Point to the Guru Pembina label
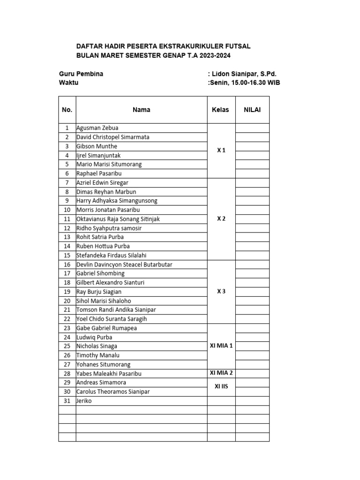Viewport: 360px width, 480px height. click(x=81, y=74)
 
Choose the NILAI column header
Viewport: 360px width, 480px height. click(x=252, y=110)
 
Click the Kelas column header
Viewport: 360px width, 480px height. click(x=220, y=110)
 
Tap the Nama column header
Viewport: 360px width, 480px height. click(x=141, y=110)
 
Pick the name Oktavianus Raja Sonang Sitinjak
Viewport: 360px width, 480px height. click(x=121, y=219)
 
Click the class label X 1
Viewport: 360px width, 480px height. click(x=221, y=150)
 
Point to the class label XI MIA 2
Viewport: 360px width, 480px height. click(x=221, y=373)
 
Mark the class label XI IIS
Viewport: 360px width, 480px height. click(x=221, y=387)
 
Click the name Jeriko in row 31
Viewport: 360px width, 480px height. click(x=84, y=401)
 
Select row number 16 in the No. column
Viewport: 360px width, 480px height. click(x=67, y=264)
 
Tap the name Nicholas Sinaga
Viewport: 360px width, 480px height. click(x=97, y=346)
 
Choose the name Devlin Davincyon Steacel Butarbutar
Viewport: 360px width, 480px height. click(x=124, y=264)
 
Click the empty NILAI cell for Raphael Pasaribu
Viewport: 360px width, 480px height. click(x=252, y=173)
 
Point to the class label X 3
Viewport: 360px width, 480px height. click(x=221, y=291)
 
